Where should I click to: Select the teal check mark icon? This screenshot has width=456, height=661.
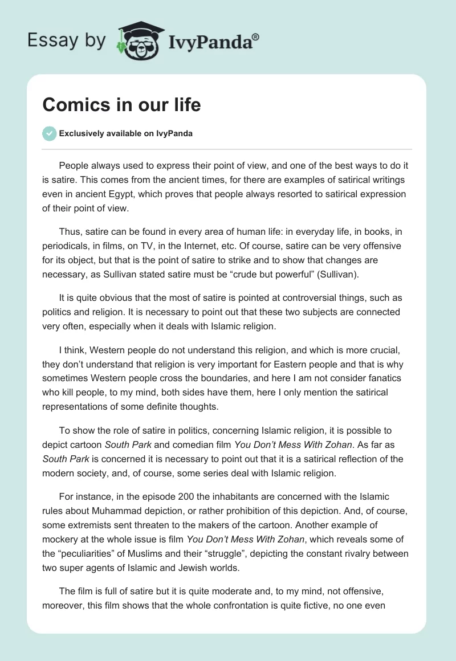[x=49, y=133]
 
